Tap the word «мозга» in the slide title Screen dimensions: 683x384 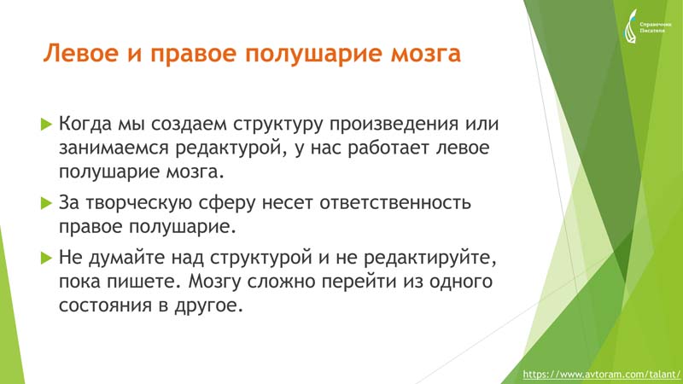click(425, 55)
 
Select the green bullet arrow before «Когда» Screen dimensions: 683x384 click(46, 124)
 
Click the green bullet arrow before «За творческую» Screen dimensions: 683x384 click(46, 203)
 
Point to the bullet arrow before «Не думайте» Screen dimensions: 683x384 click(46, 258)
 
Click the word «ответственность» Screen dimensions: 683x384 click(395, 203)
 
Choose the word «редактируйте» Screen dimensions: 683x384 click(430, 259)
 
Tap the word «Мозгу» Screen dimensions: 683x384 click(215, 282)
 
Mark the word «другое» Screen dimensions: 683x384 click(208, 306)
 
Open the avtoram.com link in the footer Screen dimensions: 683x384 click(601, 374)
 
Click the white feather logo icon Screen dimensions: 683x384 click(630, 27)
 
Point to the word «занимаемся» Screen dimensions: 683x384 click(114, 148)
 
